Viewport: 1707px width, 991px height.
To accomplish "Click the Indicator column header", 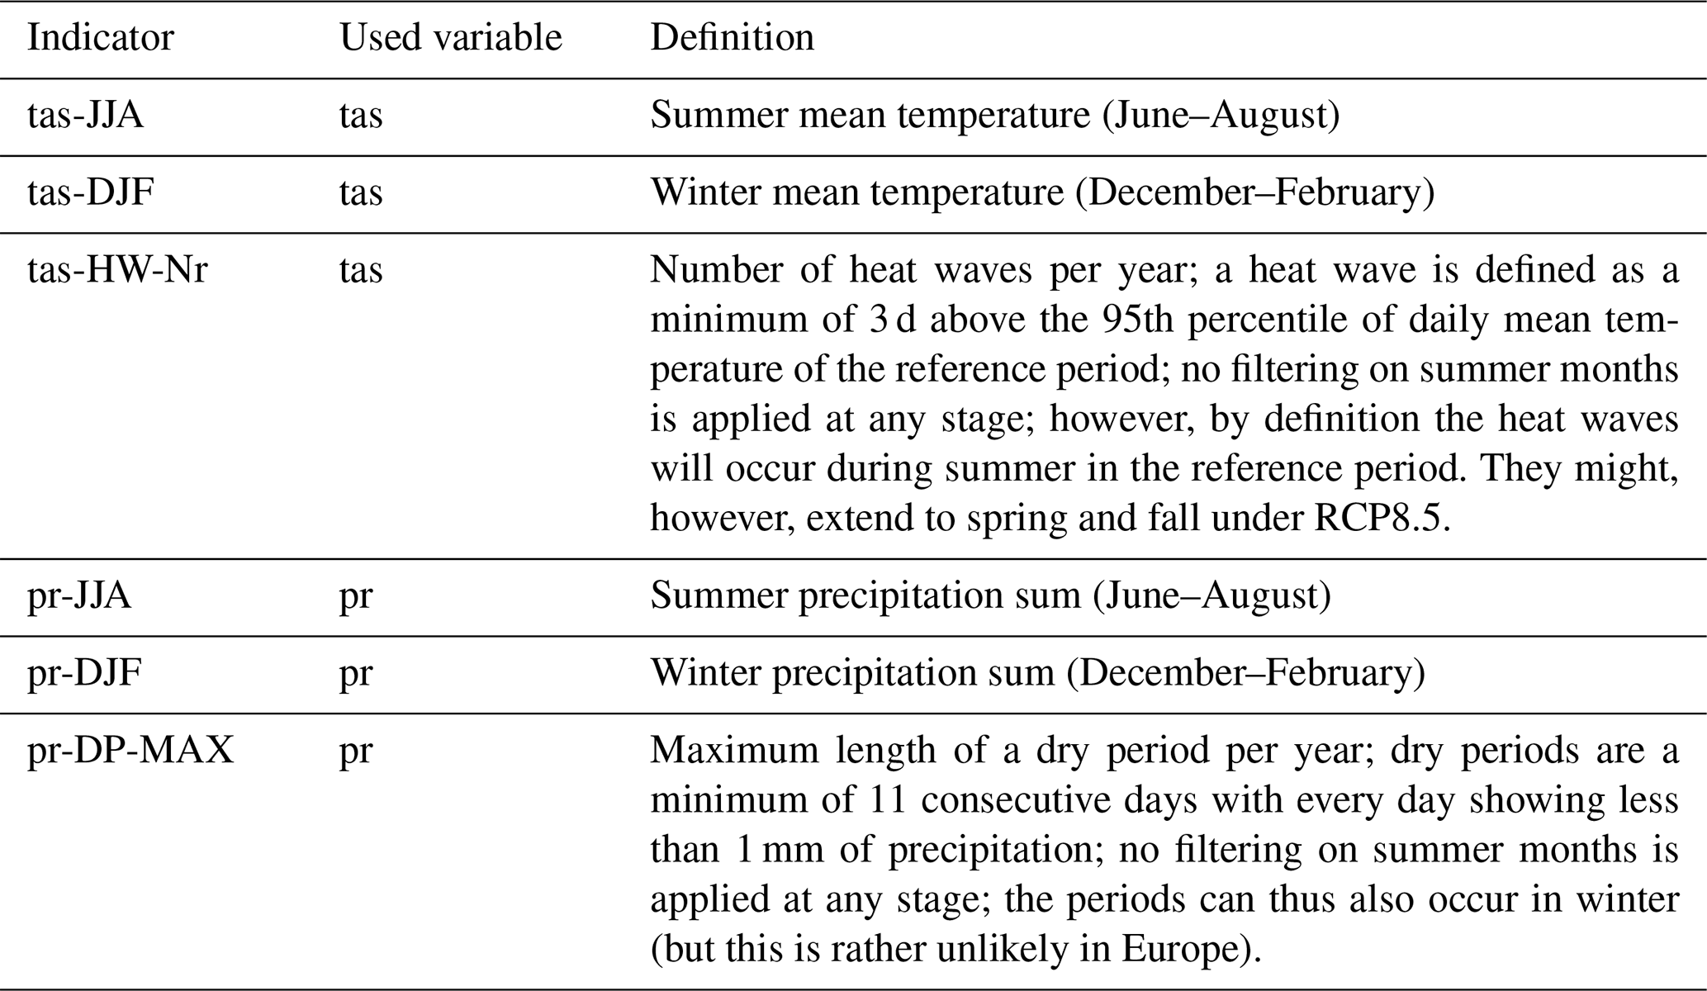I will pos(100,38).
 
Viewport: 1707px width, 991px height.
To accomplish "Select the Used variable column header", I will pos(450,38).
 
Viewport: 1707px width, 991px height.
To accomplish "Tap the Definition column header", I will pos(732,38).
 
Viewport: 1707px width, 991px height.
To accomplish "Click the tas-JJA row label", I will pos(85,116).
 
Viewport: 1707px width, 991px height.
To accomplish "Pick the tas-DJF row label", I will pos(90,193).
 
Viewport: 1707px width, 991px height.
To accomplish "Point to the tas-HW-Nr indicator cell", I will pos(117,271).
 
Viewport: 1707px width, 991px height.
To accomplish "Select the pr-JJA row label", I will pos(79,596).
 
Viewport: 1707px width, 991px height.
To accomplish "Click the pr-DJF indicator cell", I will pos(84,674).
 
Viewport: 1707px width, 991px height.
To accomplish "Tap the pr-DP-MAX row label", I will pos(130,752).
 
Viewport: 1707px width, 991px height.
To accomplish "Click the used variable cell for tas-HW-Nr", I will pos(361,271).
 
